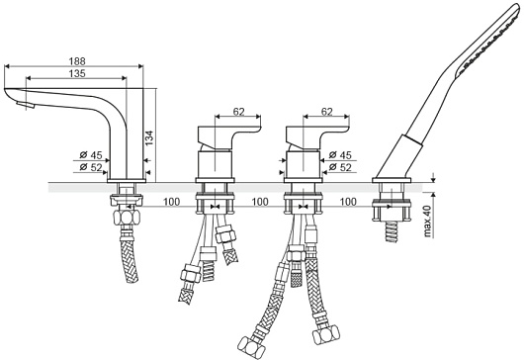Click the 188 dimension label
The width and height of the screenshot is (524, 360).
pos(77,61)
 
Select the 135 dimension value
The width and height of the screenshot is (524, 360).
pos(77,73)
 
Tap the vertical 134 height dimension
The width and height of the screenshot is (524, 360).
pos(149,137)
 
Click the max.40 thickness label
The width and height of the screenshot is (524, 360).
pos(428,221)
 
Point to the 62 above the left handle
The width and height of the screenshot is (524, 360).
pos(238,112)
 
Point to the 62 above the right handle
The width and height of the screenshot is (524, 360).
pos(326,112)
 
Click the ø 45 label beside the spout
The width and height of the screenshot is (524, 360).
pos(91,154)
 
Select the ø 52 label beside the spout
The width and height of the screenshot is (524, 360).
pos(91,167)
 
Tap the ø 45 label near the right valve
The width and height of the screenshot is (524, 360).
pos(340,154)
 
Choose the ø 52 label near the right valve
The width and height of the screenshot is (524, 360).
pos(340,167)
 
